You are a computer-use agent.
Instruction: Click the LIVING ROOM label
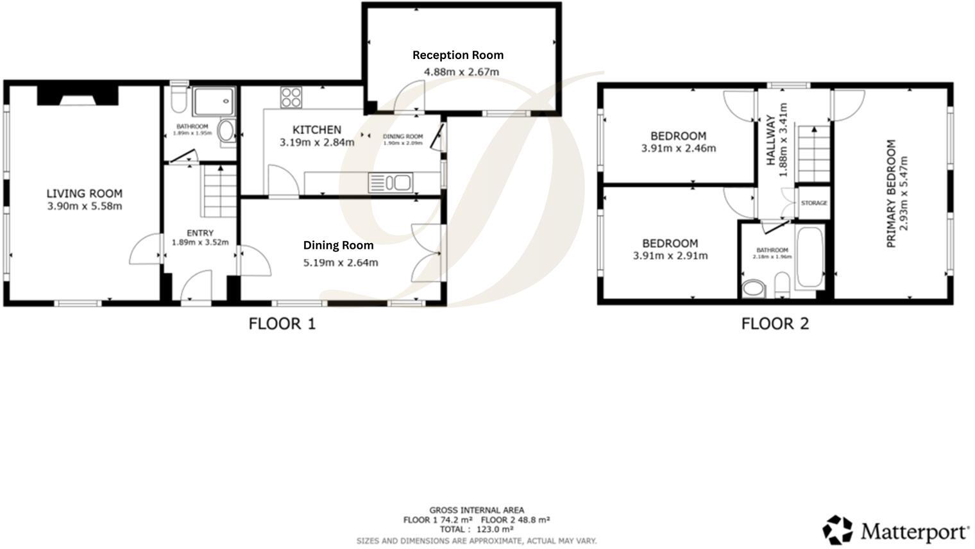pos(84,194)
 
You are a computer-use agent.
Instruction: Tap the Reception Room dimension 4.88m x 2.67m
pos(461,72)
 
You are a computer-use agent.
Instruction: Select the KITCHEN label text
pos(317,130)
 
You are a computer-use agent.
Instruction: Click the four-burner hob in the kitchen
pos(291,97)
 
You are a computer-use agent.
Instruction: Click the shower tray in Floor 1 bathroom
pos(214,101)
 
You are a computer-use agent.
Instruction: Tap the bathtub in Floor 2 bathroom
pos(810,257)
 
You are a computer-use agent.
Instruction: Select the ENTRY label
pos(200,233)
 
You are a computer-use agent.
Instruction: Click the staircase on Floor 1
pos(220,191)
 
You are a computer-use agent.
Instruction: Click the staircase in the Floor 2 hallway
pos(814,155)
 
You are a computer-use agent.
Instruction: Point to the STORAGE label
pos(813,203)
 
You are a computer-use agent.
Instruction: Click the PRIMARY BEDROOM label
pos(890,194)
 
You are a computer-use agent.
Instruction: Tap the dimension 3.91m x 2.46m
pos(678,148)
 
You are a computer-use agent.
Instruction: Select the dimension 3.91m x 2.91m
pos(670,256)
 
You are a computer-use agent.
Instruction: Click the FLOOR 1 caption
pos(282,324)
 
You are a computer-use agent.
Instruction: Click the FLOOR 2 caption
pos(775,324)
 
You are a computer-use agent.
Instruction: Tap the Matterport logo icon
pos(838,530)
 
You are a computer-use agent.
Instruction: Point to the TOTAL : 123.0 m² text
pos(476,529)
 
